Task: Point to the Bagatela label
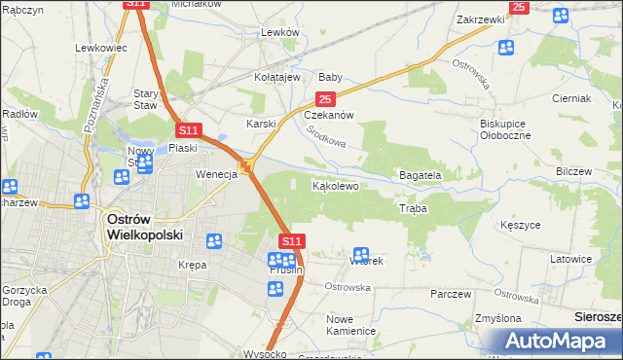click(421, 175)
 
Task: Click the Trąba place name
click(412, 209)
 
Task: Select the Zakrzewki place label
click(480, 18)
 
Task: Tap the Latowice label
click(570, 259)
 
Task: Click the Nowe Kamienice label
click(351, 325)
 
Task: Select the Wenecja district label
click(216, 174)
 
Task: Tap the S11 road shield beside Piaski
click(188, 129)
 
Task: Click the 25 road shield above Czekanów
click(325, 99)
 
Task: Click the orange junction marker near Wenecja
click(246, 168)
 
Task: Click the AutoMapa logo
click(558, 342)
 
